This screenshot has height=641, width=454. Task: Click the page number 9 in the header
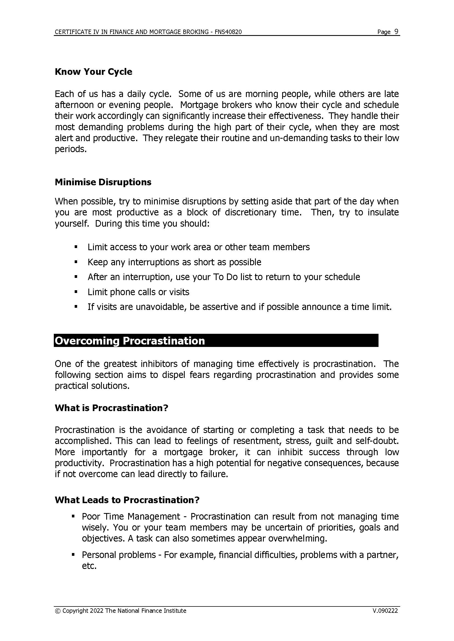pyautogui.click(x=396, y=32)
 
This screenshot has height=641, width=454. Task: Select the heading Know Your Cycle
pyautogui.click(x=93, y=72)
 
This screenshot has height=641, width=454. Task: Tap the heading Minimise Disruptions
pyautogui.click(x=103, y=182)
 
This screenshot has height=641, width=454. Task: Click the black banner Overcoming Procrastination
pyautogui.click(x=216, y=341)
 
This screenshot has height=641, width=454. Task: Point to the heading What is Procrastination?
pyautogui.click(x=111, y=408)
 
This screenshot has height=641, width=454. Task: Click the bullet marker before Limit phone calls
pyautogui.click(x=76, y=292)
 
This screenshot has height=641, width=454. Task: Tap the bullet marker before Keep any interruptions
pyautogui.click(x=76, y=262)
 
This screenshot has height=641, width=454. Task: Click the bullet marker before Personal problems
pyautogui.click(x=73, y=554)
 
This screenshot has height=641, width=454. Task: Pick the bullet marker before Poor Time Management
pyautogui.click(x=73, y=516)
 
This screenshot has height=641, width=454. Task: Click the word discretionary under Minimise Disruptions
pyautogui.click(x=251, y=212)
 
